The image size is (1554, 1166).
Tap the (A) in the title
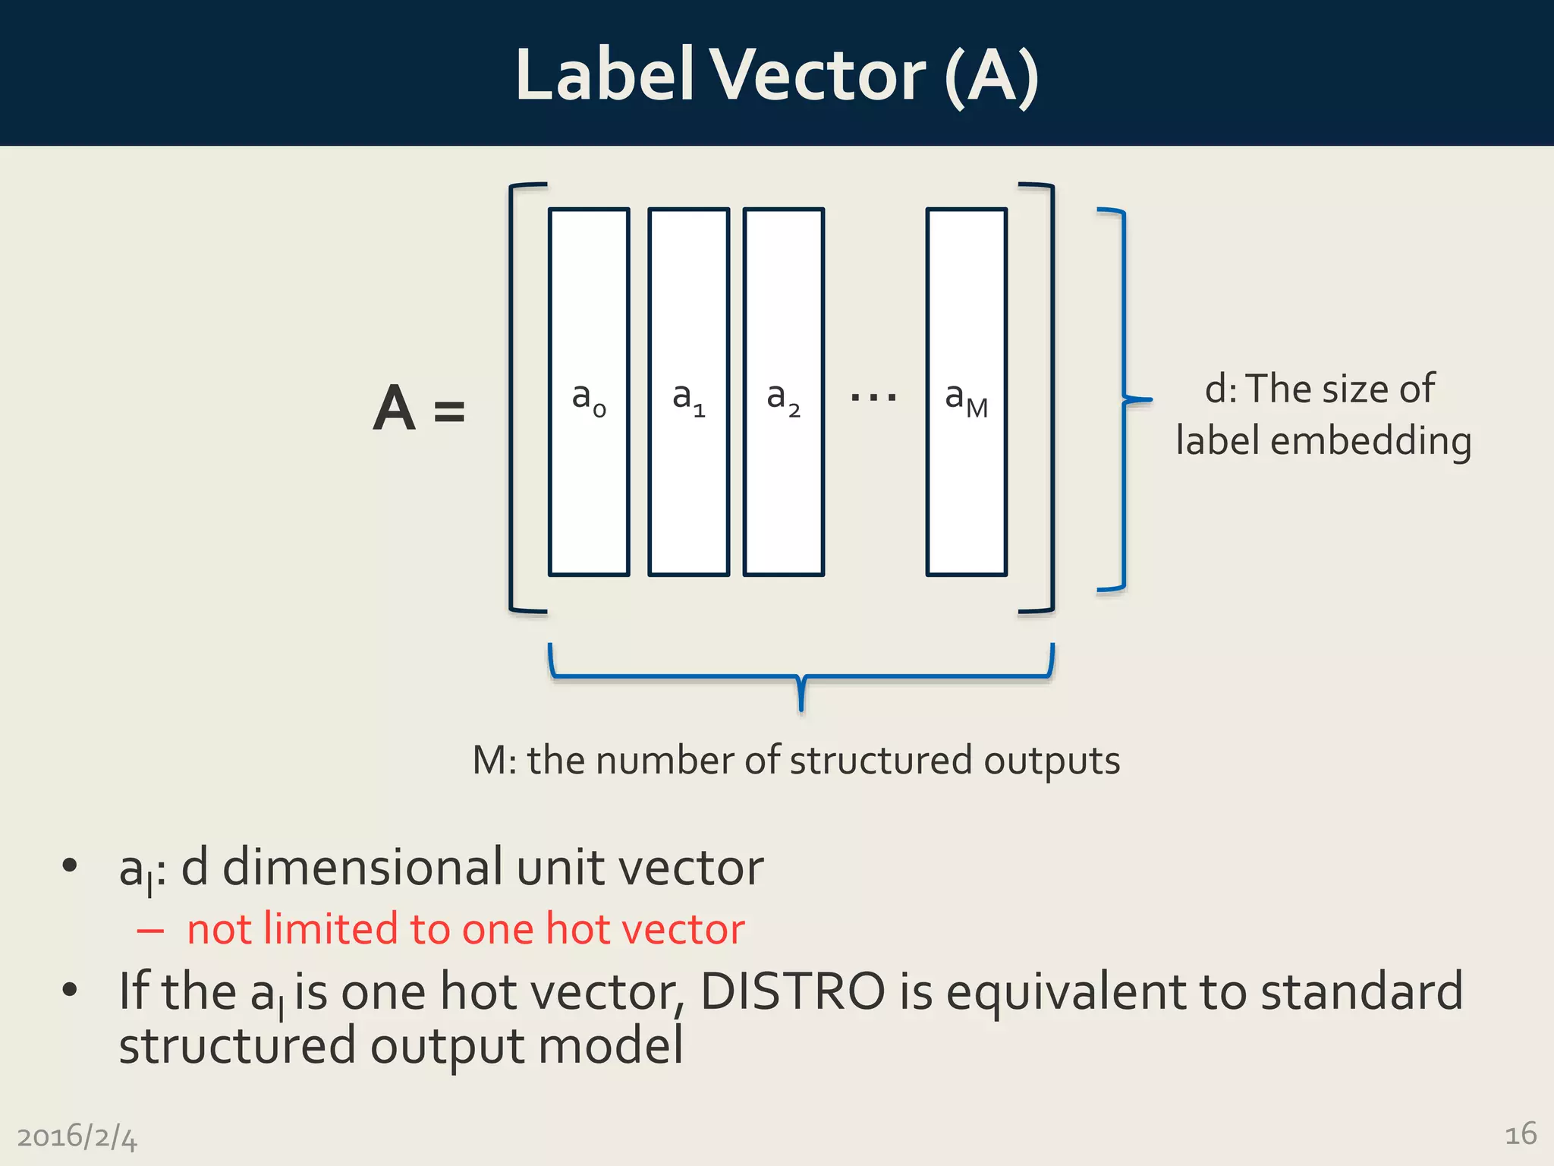(992, 76)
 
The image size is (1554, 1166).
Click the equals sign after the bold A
(449, 412)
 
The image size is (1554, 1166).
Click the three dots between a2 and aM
(873, 396)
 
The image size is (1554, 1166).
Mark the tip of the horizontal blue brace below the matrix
(801, 709)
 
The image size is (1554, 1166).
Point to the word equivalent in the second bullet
(1066, 993)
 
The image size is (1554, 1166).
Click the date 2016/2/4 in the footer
(77, 1137)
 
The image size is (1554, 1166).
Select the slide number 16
(1520, 1134)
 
